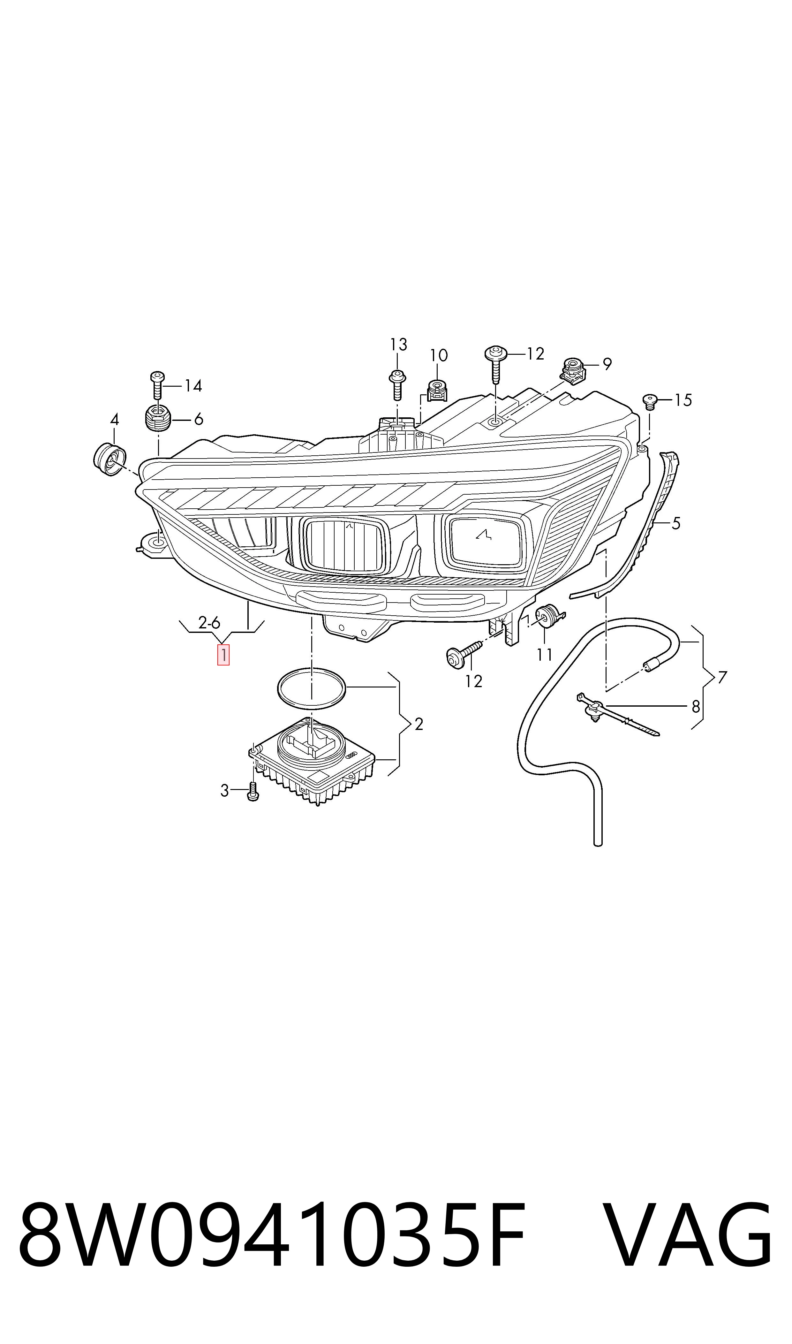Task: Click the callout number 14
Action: tap(193, 385)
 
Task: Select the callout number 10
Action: tap(438, 355)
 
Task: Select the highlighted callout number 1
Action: tap(223, 655)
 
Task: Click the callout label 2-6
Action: tap(209, 622)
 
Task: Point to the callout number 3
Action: tap(225, 791)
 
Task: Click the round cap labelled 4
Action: tap(109, 459)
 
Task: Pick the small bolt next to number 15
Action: tap(650, 401)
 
